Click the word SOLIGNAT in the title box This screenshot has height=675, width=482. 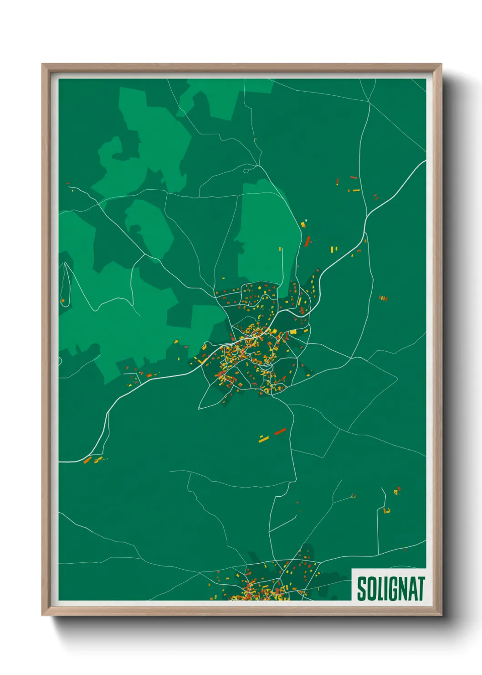click(390, 589)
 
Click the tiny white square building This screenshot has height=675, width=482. click(306, 221)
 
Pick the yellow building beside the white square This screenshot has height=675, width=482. click(303, 224)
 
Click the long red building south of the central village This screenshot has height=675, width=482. click(280, 431)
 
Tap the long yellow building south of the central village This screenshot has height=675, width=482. click(264, 439)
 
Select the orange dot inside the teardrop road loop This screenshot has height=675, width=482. click(63, 301)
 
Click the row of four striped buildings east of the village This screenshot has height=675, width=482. click(383, 298)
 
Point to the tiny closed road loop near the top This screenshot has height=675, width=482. click(246, 171)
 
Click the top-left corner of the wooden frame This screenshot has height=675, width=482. click(43, 65)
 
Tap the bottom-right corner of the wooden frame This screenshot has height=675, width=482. click(441, 614)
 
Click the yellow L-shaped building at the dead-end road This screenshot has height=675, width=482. click(387, 511)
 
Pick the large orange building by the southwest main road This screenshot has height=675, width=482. click(87, 460)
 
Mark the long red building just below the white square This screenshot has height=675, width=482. click(308, 241)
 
